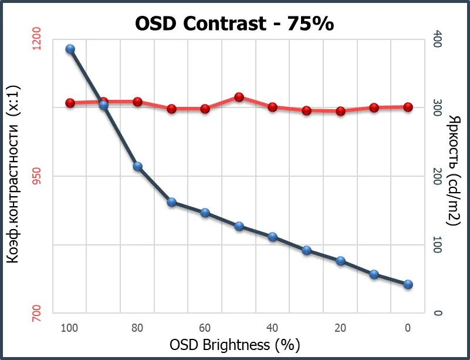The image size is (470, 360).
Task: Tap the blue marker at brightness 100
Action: coord(70,49)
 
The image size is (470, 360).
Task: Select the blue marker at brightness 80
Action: coord(137,166)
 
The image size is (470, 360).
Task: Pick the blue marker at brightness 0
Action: coord(408,284)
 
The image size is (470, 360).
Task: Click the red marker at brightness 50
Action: coord(239,96)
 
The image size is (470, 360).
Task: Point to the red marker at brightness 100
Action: coord(70,103)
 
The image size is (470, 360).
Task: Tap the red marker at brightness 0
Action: coord(408,107)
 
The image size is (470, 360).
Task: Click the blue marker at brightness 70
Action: coord(171,202)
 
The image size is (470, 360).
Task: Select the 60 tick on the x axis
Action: coord(205,327)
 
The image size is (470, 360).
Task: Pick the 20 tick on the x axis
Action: coord(340,327)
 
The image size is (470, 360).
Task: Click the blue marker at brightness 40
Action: coord(272,237)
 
